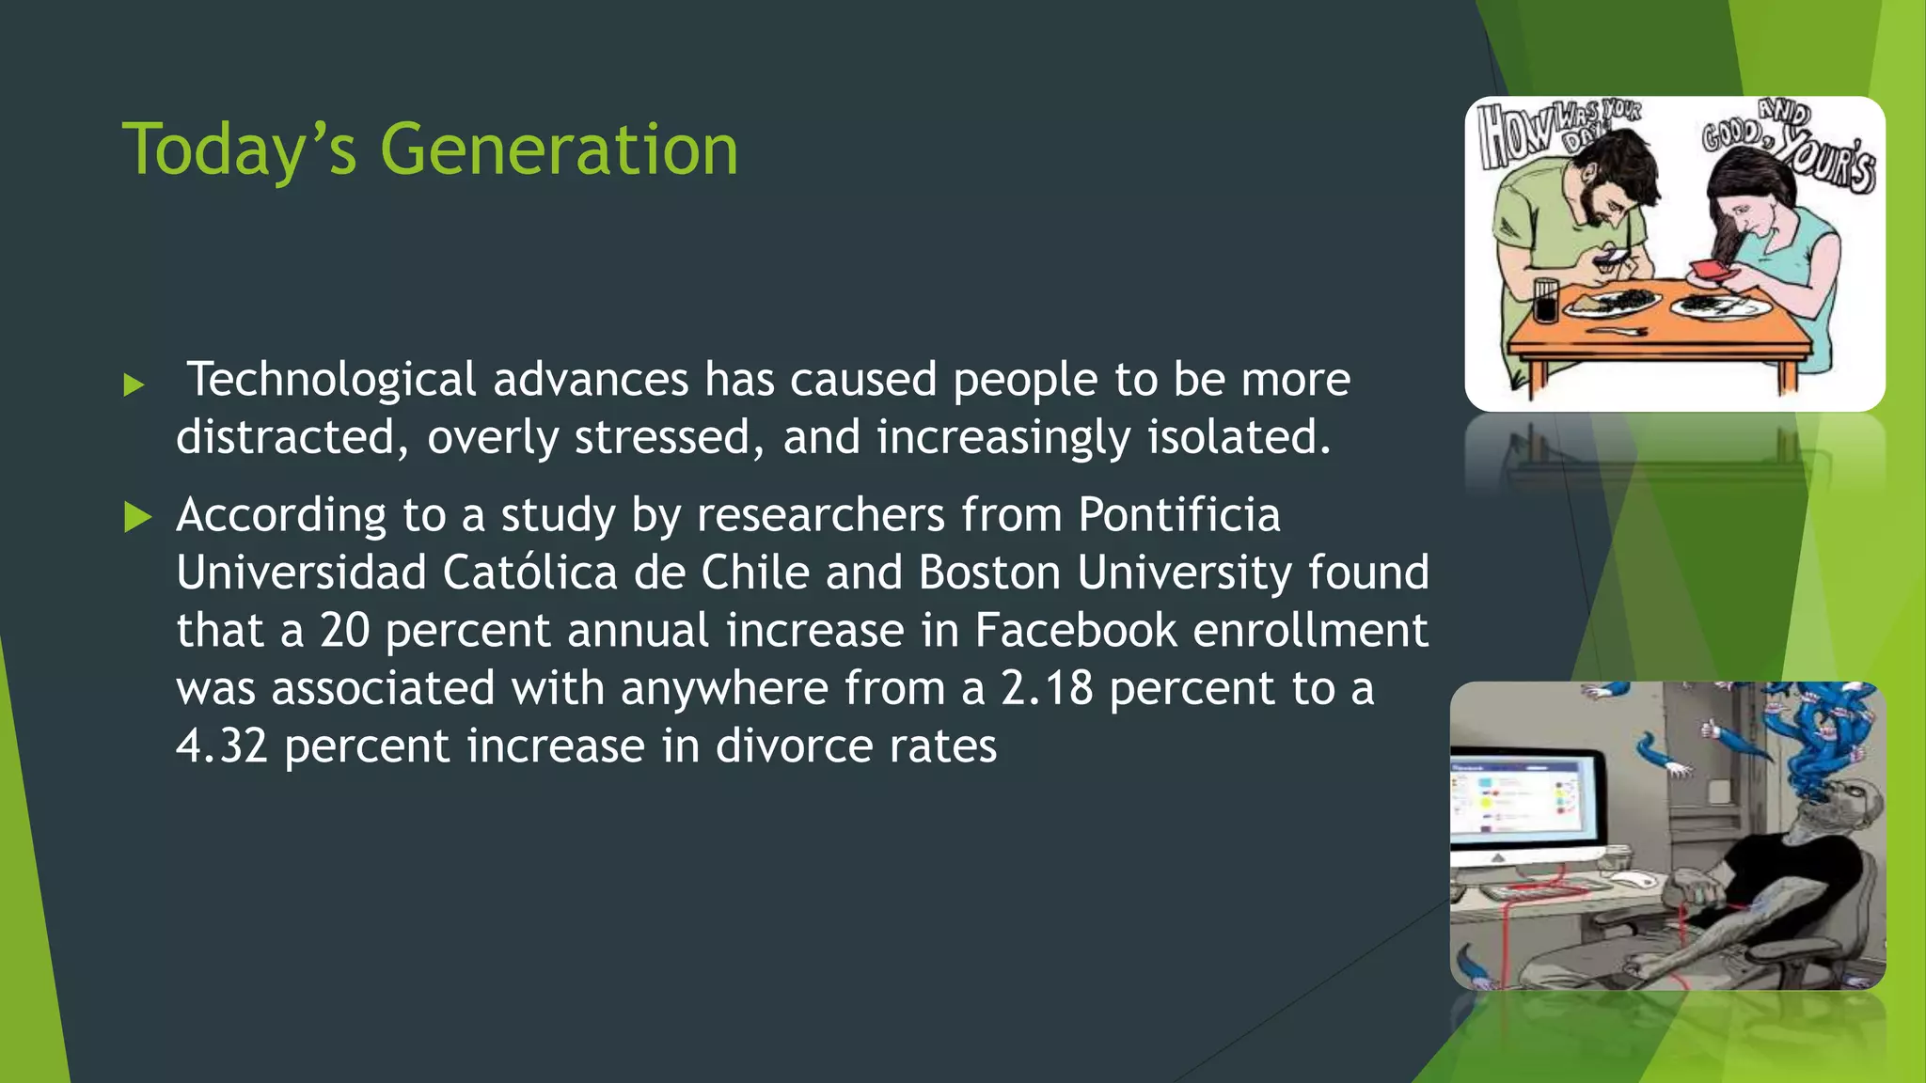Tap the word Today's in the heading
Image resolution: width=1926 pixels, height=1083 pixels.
tap(240, 149)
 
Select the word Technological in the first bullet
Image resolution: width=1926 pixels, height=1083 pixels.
tap(332, 380)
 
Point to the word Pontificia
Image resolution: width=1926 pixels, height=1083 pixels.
tap(1179, 515)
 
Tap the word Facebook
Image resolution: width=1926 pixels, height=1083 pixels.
tap(1075, 631)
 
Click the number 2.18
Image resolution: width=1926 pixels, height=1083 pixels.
tap(1047, 688)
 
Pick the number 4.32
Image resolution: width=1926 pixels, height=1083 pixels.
tap(222, 746)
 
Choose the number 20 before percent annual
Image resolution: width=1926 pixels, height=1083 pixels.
tap(344, 631)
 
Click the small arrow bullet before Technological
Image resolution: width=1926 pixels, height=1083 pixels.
tap(134, 385)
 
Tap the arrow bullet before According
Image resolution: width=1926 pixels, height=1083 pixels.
tap(137, 517)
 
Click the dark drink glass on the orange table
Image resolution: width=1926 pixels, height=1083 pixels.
tap(1545, 301)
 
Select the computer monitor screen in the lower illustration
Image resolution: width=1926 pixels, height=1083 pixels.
tap(1515, 798)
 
